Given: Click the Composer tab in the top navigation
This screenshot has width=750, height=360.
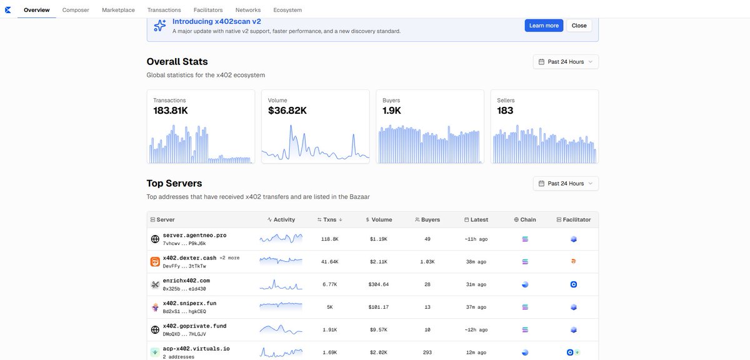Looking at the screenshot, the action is (x=76, y=10).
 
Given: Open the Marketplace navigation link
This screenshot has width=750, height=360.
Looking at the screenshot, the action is (x=118, y=10).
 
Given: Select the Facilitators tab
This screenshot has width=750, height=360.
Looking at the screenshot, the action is (x=208, y=10).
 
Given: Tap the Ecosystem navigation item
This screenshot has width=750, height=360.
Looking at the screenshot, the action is (x=287, y=10).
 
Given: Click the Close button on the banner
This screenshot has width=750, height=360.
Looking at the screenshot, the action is (x=579, y=26).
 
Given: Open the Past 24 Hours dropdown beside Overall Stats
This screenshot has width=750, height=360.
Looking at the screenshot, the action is (x=566, y=62).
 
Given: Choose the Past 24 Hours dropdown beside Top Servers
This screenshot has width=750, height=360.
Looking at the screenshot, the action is (x=566, y=184).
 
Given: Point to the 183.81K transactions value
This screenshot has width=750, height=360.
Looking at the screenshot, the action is (x=171, y=111).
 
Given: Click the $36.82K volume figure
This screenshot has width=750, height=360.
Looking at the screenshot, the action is (x=287, y=111).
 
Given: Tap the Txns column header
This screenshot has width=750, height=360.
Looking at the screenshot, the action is (x=330, y=219).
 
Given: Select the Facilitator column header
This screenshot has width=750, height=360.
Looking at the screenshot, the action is (x=574, y=219).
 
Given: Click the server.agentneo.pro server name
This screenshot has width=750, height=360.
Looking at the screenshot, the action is (x=194, y=236).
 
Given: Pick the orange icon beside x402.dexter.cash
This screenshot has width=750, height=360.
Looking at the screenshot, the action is (x=155, y=261).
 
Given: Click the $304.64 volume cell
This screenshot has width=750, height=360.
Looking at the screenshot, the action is (x=379, y=284).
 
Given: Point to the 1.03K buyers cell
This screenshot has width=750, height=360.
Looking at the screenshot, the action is (x=427, y=261).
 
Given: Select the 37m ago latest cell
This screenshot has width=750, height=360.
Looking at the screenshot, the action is (x=476, y=307).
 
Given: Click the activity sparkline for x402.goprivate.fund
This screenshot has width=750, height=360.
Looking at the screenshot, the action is (x=281, y=329).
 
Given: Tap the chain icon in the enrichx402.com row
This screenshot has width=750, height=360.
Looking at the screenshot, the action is (x=525, y=284).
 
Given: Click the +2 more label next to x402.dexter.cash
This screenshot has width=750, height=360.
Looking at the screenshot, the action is (x=229, y=258).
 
